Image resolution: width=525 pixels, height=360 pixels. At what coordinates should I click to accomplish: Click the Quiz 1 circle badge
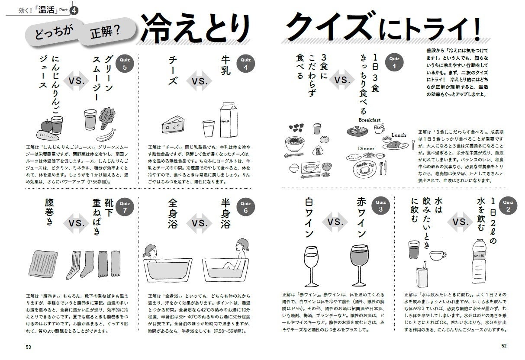tap(394, 62)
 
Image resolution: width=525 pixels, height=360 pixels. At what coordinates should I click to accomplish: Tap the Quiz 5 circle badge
tap(125, 64)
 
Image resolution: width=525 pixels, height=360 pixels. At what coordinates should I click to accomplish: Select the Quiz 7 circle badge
tap(125, 207)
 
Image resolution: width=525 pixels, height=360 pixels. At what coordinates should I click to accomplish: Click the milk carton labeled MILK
tap(228, 120)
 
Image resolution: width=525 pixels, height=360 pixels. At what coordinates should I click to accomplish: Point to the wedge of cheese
tap(173, 124)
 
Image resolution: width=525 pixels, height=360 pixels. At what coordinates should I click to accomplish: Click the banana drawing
tap(106, 135)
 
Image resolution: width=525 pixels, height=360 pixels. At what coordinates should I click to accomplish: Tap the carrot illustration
tap(48, 135)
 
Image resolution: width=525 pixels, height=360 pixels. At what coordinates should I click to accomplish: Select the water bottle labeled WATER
tap(479, 261)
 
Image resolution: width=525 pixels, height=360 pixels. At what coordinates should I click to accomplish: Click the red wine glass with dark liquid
tap(359, 266)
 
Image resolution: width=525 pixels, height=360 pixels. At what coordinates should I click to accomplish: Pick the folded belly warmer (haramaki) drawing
tap(43, 264)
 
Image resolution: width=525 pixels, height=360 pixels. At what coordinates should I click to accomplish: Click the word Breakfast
tap(370, 120)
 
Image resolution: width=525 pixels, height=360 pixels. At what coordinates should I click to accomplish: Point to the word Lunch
tap(399, 135)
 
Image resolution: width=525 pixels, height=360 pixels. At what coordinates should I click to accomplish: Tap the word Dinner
tap(366, 148)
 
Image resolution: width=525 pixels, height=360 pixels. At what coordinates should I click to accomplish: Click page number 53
tap(29, 347)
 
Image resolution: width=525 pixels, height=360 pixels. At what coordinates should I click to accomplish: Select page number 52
tap(504, 346)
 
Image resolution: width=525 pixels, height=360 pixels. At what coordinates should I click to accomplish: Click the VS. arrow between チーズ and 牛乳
tap(199, 81)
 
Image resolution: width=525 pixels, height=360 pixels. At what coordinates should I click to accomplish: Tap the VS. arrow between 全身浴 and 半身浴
tap(199, 223)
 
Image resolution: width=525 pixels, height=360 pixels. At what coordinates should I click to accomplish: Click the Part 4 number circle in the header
tap(74, 10)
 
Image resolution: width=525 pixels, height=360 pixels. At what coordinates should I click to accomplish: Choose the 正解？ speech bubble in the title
tap(106, 32)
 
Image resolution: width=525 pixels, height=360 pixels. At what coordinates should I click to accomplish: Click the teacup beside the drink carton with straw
tap(438, 255)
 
